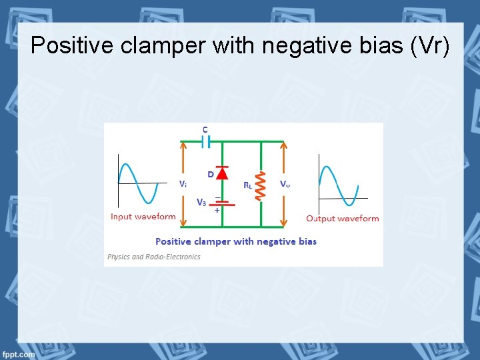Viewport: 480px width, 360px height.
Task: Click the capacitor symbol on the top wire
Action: point(205,141)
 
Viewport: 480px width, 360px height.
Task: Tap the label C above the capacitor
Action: point(205,129)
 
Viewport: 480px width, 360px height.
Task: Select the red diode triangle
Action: point(222,173)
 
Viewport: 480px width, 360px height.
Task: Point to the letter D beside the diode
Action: point(211,175)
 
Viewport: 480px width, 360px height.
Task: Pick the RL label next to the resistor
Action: point(247,185)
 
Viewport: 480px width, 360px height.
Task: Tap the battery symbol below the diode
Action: point(222,202)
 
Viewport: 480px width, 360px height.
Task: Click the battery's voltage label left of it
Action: point(201,202)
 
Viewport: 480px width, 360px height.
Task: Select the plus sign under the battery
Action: point(217,210)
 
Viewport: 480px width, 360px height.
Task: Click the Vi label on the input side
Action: point(182,183)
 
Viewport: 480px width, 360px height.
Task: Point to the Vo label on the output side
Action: point(285,183)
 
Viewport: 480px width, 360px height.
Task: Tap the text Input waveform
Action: point(143,217)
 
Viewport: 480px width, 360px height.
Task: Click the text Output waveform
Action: point(342,218)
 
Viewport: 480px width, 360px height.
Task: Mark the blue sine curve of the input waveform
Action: point(138,183)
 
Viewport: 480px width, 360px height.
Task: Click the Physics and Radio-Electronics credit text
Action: point(153,257)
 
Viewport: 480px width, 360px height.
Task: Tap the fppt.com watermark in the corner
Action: point(18,354)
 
